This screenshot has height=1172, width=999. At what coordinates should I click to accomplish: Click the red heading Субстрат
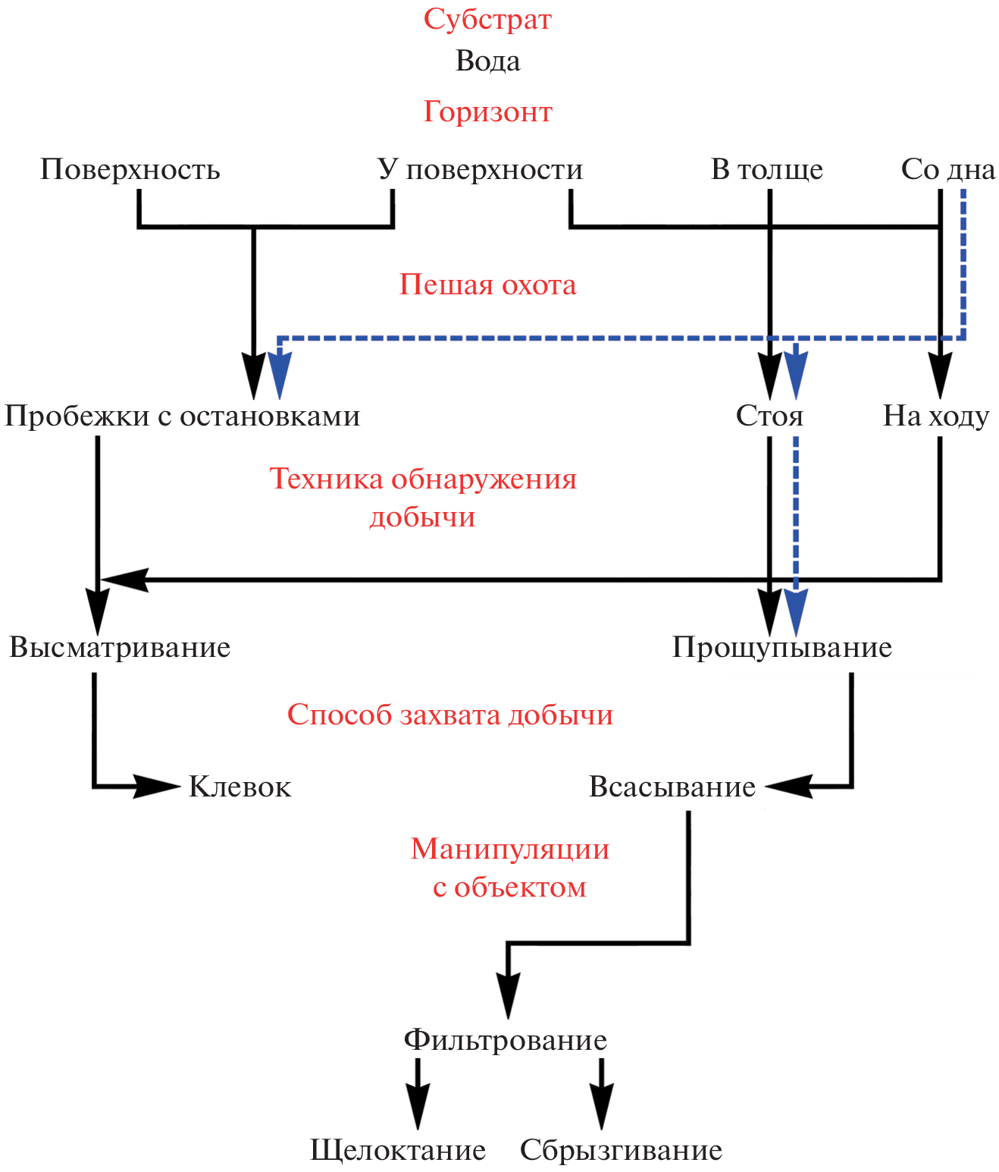487,19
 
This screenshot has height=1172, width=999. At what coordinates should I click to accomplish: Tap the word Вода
487,61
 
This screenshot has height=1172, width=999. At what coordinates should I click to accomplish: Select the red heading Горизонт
487,112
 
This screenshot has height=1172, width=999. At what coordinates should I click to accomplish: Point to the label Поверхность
130,169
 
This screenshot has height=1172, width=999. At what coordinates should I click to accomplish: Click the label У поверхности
480,169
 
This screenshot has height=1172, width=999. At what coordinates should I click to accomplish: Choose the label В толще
766,169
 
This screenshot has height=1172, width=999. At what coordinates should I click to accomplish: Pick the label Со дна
947,169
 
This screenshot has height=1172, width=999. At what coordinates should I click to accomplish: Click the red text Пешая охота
487,284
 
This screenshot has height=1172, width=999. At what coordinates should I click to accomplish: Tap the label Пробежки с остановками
182,416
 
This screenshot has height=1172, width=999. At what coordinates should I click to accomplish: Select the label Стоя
769,416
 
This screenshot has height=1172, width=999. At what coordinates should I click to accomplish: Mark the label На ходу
936,416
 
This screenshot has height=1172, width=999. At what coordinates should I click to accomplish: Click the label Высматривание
120,647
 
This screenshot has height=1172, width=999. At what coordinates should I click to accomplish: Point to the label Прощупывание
781,647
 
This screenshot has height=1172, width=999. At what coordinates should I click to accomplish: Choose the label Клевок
240,787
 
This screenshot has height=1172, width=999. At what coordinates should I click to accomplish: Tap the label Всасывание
672,787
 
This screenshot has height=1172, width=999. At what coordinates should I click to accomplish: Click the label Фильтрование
505,1039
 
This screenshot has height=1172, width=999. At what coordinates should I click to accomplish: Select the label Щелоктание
398,1150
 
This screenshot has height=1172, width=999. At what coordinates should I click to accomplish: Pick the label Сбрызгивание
621,1150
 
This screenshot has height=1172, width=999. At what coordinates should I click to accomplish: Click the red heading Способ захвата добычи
449,715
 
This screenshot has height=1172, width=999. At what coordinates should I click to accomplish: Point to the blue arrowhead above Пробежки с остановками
280,375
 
